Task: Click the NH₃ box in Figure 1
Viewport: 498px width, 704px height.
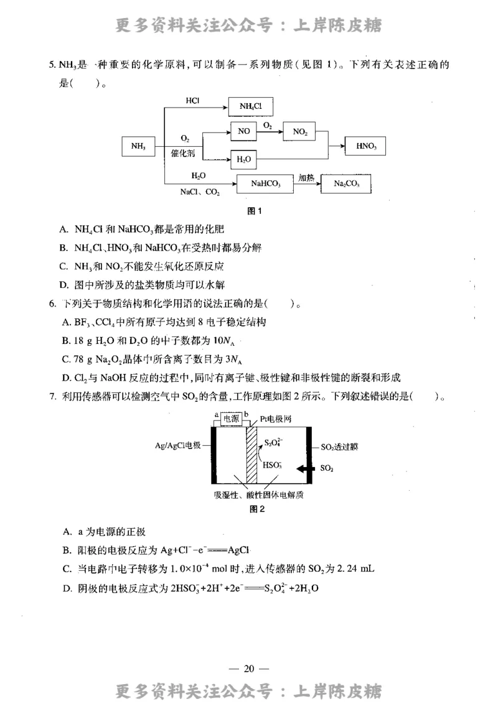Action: click(x=139, y=146)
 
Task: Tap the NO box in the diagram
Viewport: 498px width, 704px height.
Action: click(x=244, y=132)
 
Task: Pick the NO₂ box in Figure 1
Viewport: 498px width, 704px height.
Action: click(x=299, y=132)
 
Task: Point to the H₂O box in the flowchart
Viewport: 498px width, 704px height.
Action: click(x=244, y=159)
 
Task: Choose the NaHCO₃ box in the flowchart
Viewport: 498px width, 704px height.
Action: click(x=265, y=184)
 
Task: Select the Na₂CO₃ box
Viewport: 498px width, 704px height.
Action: click(x=346, y=184)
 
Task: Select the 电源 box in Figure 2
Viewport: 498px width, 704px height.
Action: click(x=232, y=419)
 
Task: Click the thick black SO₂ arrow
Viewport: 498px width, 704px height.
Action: click(x=305, y=468)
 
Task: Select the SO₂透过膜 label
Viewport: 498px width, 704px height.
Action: click(x=339, y=447)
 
